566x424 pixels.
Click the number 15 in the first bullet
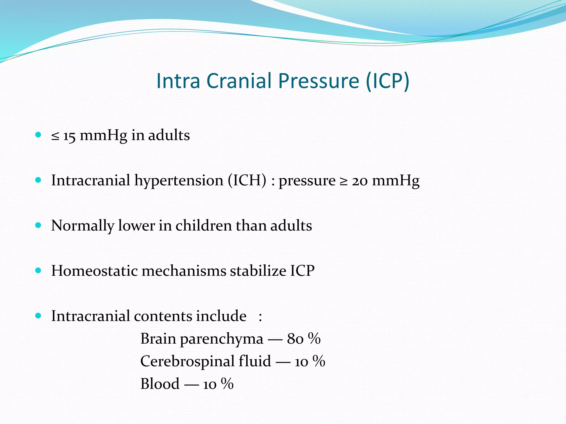pos(69,136)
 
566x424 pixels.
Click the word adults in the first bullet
pos(169,135)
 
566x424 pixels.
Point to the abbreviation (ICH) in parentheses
pos(247,181)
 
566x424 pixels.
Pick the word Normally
pos(82,226)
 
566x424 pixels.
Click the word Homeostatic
pos(94,271)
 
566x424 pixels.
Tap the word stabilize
pos(259,271)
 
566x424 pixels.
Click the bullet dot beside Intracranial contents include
pos(38,316)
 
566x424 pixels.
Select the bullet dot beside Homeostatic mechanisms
pos(38,270)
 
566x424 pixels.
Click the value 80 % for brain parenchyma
pos(304,339)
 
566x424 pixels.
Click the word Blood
pos(160,384)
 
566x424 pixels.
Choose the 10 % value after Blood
pos(218,384)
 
